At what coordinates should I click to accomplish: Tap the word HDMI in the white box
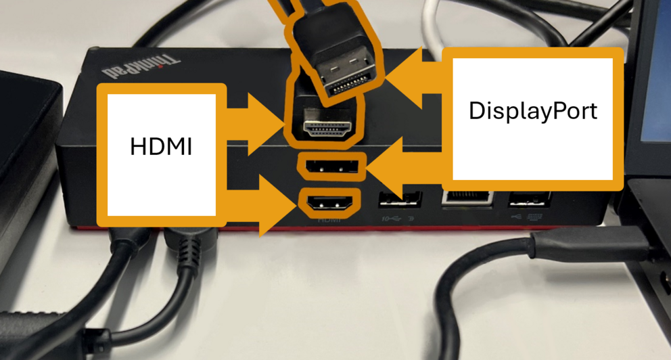[x=161, y=146]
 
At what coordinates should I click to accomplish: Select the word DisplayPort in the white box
[x=532, y=111]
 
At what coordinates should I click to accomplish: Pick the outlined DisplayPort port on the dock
[x=331, y=166]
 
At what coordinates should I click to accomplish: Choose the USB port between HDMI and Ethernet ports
[x=400, y=200]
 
